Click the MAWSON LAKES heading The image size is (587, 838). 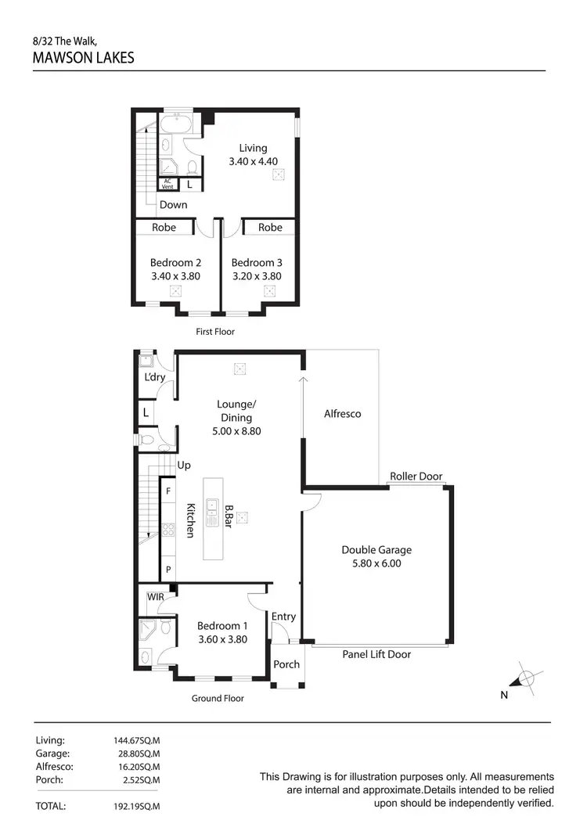coord(84,57)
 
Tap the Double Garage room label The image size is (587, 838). coord(376,550)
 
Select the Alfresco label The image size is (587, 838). coord(343,413)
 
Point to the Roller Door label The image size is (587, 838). coord(416,476)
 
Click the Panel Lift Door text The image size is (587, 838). coord(376,654)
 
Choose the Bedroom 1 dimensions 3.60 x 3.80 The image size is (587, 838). coord(222,638)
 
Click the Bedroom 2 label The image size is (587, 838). coord(176,263)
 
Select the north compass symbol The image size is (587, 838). coord(527,678)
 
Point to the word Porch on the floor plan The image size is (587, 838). coord(286,664)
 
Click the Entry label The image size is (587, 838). coord(283,617)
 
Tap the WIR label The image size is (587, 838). coord(155,597)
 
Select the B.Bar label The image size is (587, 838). coord(229,517)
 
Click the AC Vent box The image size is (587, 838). coord(167,185)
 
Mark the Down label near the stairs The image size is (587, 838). coord(173,204)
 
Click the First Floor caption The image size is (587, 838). coord(214,332)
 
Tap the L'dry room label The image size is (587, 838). coord(155,377)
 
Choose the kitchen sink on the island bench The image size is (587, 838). coord(211,516)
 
